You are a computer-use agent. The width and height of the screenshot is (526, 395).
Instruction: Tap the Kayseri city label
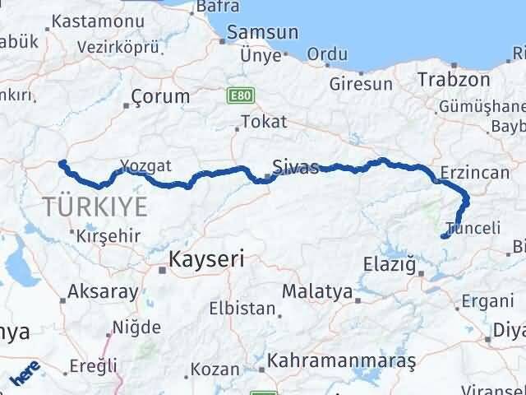(x=206, y=260)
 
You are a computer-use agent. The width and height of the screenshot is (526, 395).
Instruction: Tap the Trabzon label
(x=454, y=80)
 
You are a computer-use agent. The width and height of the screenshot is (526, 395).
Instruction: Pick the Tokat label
(x=265, y=122)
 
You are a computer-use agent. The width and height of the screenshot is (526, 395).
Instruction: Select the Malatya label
(x=316, y=291)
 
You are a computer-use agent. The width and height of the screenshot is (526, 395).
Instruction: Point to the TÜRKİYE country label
(x=96, y=206)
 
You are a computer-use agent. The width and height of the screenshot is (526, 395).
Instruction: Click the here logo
(x=25, y=376)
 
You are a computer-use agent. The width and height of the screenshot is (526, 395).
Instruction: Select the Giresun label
(x=361, y=83)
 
